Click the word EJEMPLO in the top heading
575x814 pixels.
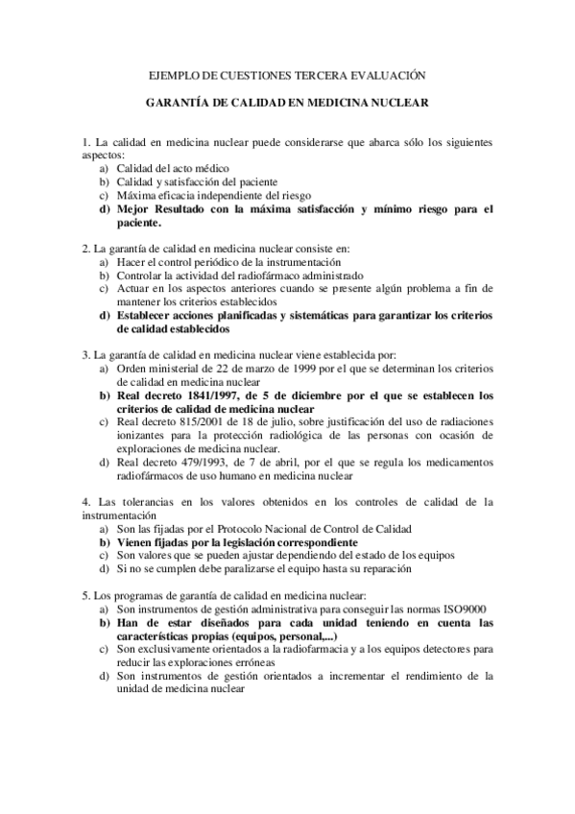pos(178,74)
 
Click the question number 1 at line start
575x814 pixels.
pos(85,142)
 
